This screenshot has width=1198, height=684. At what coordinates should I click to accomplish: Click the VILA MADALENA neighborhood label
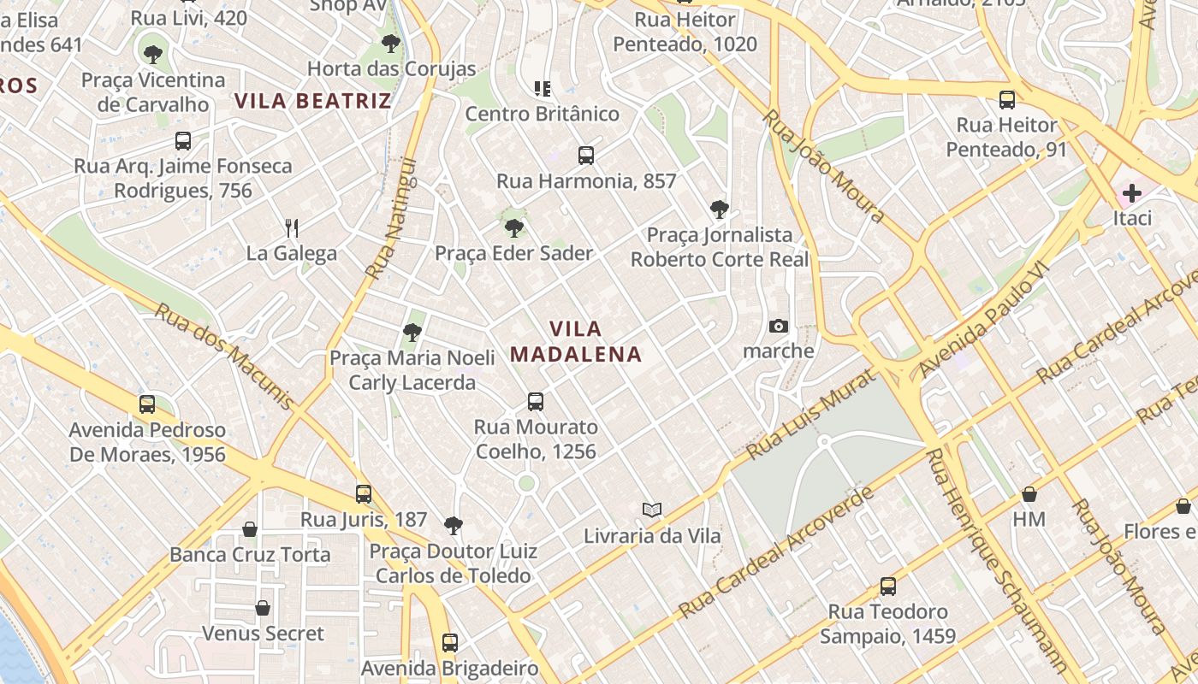click(x=576, y=341)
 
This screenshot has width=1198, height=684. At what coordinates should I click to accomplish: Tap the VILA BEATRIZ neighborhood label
click(x=313, y=101)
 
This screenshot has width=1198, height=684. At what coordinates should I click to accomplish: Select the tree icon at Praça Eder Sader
click(x=514, y=228)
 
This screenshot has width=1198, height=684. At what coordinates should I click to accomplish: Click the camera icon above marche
click(x=778, y=326)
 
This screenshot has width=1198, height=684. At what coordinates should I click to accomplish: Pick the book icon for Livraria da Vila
click(x=652, y=510)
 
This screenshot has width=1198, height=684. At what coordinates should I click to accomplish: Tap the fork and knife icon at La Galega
click(x=292, y=227)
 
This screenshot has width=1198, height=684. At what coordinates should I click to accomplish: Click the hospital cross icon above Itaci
click(x=1132, y=193)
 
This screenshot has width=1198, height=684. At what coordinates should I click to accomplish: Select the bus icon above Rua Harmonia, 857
click(x=586, y=156)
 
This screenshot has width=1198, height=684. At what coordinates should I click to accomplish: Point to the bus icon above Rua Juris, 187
click(x=364, y=494)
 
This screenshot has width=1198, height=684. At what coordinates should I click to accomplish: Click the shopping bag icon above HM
click(x=1029, y=494)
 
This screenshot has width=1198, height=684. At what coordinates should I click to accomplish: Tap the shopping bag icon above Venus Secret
click(x=263, y=608)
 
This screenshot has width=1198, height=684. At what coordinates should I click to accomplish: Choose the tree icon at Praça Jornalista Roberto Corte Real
click(x=720, y=209)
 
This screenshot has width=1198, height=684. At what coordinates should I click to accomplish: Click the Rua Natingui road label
click(x=391, y=218)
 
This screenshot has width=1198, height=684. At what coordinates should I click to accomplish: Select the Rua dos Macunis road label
click(x=224, y=356)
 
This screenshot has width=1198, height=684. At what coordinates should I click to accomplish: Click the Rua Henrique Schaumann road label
click(x=996, y=560)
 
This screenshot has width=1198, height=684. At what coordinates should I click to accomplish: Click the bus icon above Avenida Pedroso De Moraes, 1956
click(x=147, y=404)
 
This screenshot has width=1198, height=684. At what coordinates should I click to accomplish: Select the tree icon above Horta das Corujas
click(x=391, y=43)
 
